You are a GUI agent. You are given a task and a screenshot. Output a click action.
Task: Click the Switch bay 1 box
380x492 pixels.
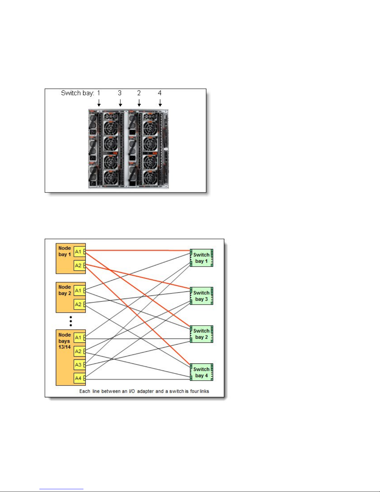(x=201, y=258)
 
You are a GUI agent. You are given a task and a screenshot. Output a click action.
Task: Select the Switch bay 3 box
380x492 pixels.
(x=201, y=296)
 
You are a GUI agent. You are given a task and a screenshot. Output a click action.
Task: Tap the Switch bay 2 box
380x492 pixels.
(x=201, y=334)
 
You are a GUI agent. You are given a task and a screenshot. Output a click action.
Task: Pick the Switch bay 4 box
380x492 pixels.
(x=201, y=372)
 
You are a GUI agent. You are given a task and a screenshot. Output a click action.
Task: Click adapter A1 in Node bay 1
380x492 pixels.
(x=78, y=252)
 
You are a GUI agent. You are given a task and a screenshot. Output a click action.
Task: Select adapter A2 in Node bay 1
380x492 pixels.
(x=78, y=265)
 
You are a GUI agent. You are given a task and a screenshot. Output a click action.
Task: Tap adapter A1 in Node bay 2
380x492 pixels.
(x=78, y=291)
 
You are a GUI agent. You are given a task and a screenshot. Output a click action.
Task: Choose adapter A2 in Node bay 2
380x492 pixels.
(x=78, y=305)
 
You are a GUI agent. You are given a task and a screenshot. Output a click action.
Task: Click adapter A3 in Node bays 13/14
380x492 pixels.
(x=78, y=365)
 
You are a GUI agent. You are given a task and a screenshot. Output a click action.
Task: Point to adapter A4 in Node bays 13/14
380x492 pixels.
(x=78, y=378)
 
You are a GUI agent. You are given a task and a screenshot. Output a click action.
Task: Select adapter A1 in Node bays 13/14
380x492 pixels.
(x=78, y=337)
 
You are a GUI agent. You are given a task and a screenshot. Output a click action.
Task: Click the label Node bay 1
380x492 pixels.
(x=65, y=251)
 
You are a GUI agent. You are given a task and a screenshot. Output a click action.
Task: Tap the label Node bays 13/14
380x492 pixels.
(x=65, y=341)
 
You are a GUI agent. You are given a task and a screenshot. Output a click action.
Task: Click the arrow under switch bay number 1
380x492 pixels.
(x=99, y=103)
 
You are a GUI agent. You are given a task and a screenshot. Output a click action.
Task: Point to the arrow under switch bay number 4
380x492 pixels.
(x=160, y=103)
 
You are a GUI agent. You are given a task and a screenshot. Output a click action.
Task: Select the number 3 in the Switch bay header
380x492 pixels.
(x=120, y=93)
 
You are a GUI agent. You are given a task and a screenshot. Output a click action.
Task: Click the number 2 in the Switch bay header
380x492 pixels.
(x=139, y=93)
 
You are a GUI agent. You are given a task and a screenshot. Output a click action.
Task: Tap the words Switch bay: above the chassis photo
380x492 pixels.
(x=78, y=93)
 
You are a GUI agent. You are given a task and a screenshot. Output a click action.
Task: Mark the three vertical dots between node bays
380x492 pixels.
(x=71, y=321)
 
